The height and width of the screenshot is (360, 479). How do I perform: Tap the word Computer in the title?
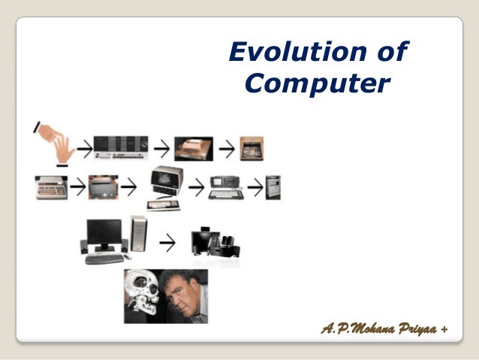(x=317, y=84)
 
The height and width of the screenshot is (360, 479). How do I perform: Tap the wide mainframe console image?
(x=120, y=147)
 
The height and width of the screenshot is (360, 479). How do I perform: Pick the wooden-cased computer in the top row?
(x=194, y=148)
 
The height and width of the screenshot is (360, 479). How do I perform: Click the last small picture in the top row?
(x=252, y=148)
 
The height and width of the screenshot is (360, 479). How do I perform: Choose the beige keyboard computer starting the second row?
(x=51, y=186)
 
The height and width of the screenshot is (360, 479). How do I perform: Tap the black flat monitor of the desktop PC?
(x=104, y=234)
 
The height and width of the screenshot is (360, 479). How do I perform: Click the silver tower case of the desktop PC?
(x=138, y=233)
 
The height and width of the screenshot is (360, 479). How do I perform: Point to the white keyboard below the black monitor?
(x=104, y=258)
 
